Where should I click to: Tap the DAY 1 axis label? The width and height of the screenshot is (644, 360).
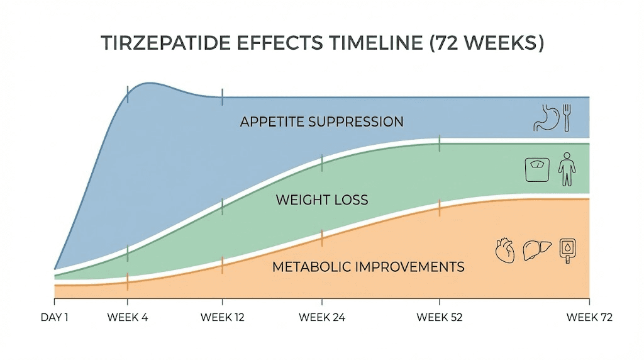[54, 317]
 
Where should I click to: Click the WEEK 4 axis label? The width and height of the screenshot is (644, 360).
[128, 317]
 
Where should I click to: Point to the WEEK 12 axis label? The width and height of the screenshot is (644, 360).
[222, 317]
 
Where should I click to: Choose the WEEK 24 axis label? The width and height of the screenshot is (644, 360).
[321, 317]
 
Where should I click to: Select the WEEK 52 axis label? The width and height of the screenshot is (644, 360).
[440, 317]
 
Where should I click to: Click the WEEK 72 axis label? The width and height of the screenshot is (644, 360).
[589, 317]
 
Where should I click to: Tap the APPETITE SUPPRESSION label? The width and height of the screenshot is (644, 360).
[321, 121]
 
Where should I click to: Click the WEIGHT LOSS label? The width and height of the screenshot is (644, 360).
[321, 200]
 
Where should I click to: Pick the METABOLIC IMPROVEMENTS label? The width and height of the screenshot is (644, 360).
[368, 266]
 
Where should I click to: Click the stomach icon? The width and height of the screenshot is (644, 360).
[545, 117]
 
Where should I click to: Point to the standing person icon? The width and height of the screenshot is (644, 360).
[567, 169]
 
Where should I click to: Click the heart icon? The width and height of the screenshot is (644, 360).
[505, 250]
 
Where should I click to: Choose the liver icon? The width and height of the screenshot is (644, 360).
[537, 250]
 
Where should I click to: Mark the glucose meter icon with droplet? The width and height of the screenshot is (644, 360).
[568, 250]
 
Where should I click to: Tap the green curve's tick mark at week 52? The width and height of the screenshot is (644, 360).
[440, 143]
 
